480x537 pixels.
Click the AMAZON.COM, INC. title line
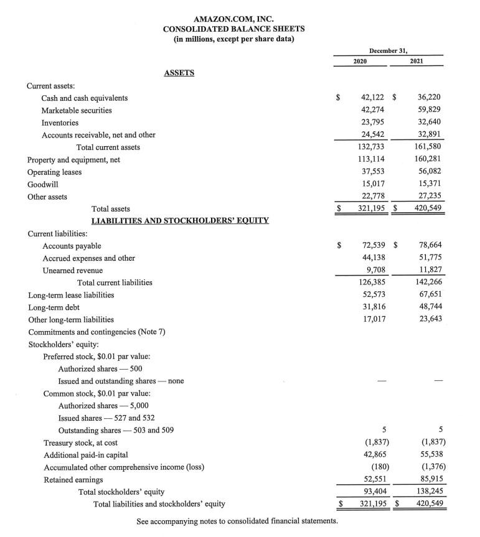[233, 19]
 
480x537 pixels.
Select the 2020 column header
[360, 62]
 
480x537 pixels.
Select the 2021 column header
[417, 62]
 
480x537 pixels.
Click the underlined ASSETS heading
[179, 73]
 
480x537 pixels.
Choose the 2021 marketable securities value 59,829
[430, 110]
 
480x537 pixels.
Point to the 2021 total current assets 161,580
[428, 147]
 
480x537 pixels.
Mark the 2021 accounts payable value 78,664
[430, 246]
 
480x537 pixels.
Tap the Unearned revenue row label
[73, 271]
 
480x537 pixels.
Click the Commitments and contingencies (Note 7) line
[96, 332]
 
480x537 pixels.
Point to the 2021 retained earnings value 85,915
[430, 479]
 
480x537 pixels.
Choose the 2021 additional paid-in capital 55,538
[430, 455]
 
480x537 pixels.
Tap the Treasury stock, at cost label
[80, 443]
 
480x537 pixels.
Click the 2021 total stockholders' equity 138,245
[428, 492]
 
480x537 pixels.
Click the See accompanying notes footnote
[237, 520]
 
